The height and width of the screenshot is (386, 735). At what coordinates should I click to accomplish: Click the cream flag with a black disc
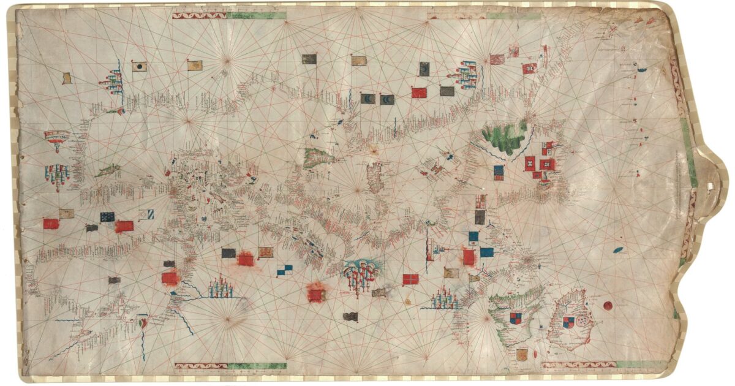tap(140, 66)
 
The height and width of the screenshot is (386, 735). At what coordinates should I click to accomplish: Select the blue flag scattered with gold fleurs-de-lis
tap(107, 216)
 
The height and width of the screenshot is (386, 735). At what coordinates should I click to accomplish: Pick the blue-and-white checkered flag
tap(284, 269)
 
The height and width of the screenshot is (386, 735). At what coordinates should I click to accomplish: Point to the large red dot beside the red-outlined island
tap(608, 306)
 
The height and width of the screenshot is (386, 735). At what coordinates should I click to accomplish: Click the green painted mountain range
tap(505, 138)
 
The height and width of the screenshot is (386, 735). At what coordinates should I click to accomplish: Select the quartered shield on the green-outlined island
tap(516, 317)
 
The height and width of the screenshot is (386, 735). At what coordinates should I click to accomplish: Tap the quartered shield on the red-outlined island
tap(570, 322)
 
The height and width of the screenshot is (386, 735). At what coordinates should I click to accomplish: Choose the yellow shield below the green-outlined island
tap(522, 354)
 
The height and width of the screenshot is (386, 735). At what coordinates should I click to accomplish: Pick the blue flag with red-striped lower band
tap(499, 172)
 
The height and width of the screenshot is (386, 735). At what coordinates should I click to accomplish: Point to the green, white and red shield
tap(144, 322)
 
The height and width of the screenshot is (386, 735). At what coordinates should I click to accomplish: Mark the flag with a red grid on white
tap(481, 201)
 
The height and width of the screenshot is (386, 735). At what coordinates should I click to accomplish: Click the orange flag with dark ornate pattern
tap(265, 252)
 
